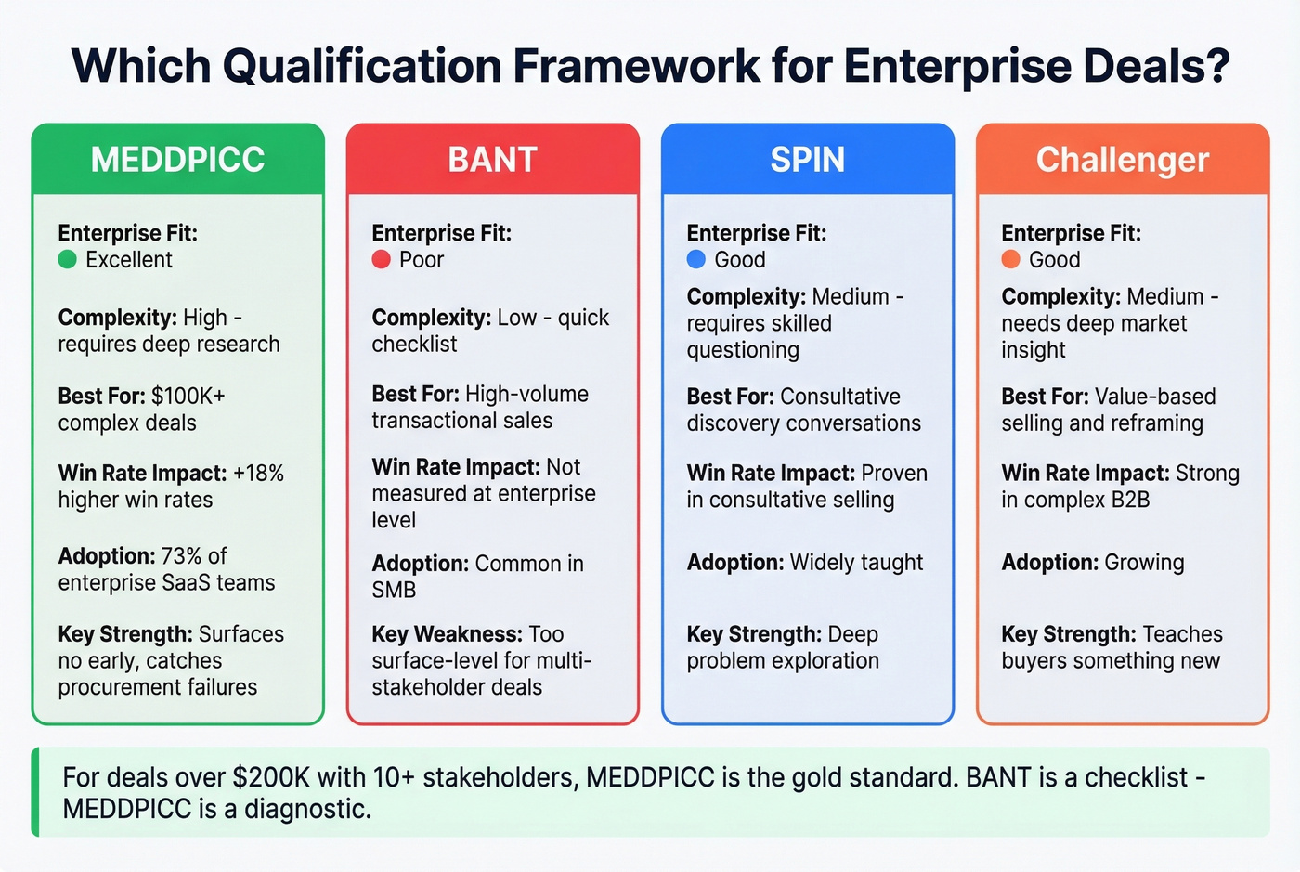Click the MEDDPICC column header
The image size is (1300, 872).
(177, 160)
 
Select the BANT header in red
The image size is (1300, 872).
(492, 160)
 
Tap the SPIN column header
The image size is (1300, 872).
(807, 160)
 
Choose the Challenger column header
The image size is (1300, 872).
(1122, 160)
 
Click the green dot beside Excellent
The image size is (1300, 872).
(67, 260)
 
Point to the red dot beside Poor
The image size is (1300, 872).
(381, 260)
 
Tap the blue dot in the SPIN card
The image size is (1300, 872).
(695, 260)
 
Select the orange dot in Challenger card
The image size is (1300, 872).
(1010, 260)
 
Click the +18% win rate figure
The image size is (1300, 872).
(258, 474)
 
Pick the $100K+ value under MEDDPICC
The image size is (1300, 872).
(188, 397)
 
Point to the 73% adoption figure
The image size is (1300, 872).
(181, 556)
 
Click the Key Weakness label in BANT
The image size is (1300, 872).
(447, 634)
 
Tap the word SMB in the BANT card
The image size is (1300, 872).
(394, 591)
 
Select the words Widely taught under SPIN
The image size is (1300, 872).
(856, 563)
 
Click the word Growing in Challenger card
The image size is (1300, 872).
(1143, 563)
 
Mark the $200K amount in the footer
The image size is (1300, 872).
(266, 777)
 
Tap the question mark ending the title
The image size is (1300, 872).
(1216, 65)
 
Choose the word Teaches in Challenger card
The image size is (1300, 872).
(1182, 634)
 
